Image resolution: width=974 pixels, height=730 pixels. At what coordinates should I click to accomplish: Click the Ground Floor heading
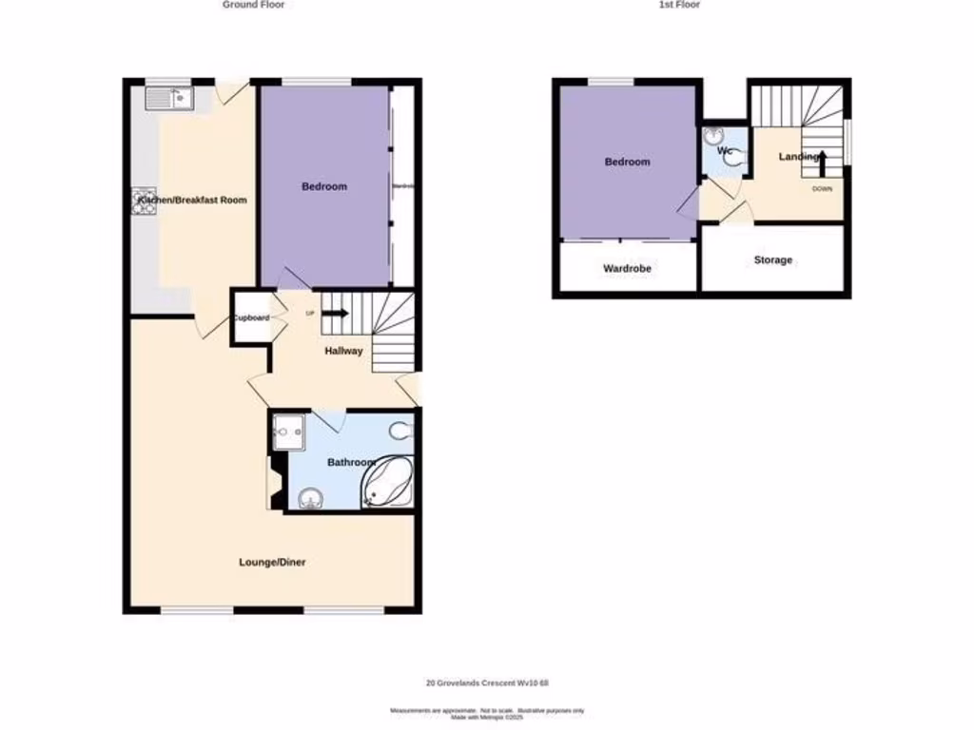pyautogui.click(x=253, y=5)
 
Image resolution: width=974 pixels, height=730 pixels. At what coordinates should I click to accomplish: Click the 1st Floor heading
pyautogui.click(x=679, y=5)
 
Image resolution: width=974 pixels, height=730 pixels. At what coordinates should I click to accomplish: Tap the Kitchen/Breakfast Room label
pyautogui.click(x=192, y=201)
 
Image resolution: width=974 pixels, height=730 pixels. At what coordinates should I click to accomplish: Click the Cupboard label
pyautogui.click(x=251, y=317)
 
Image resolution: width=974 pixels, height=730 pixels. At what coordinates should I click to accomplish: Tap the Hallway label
pyautogui.click(x=343, y=351)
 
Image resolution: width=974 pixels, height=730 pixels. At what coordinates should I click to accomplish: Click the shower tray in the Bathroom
pyautogui.click(x=289, y=432)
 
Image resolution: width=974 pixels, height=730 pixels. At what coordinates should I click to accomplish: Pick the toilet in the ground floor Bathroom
pyautogui.click(x=401, y=432)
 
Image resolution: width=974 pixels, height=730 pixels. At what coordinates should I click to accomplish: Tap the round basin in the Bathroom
pyautogui.click(x=307, y=498)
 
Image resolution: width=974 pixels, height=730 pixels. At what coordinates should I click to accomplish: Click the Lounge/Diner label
pyautogui.click(x=272, y=562)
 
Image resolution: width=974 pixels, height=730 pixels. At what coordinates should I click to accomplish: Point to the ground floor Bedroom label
pyautogui.click(x=324, y=186)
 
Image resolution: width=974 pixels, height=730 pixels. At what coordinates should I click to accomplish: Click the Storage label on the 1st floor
pyautogui.click(x=772, y=259)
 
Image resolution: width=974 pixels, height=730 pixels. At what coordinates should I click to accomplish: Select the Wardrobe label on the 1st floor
pyautogui.click(x=627, y=268)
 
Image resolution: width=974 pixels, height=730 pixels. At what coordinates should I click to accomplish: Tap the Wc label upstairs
pyautogui.click(x=724, y=151)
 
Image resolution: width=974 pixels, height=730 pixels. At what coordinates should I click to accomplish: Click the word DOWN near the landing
pyautogui.click(x=822, y=189)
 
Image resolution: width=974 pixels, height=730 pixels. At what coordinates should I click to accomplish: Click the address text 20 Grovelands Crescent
pyautogui.click(x=486, y=683)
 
